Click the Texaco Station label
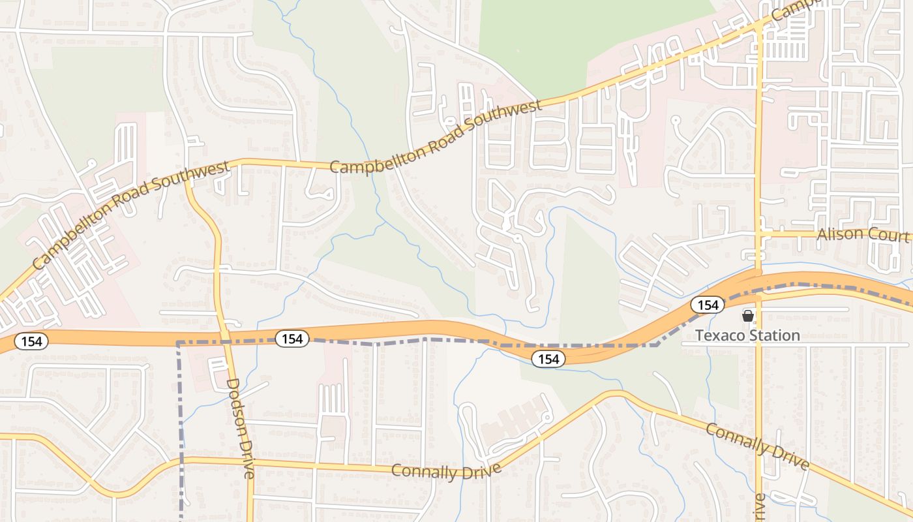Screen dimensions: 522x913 coord(747,335)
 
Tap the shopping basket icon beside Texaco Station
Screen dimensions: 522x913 coord(747,316)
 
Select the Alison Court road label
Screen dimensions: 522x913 coord(863,234)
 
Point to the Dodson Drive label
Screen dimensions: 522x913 coord(239,429)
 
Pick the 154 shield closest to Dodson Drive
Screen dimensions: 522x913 coord(292,339)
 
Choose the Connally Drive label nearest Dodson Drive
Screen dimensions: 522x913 coord(446,470)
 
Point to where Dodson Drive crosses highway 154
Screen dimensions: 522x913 coord(225,336)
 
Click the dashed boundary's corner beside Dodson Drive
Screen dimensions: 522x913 coord(179,342)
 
